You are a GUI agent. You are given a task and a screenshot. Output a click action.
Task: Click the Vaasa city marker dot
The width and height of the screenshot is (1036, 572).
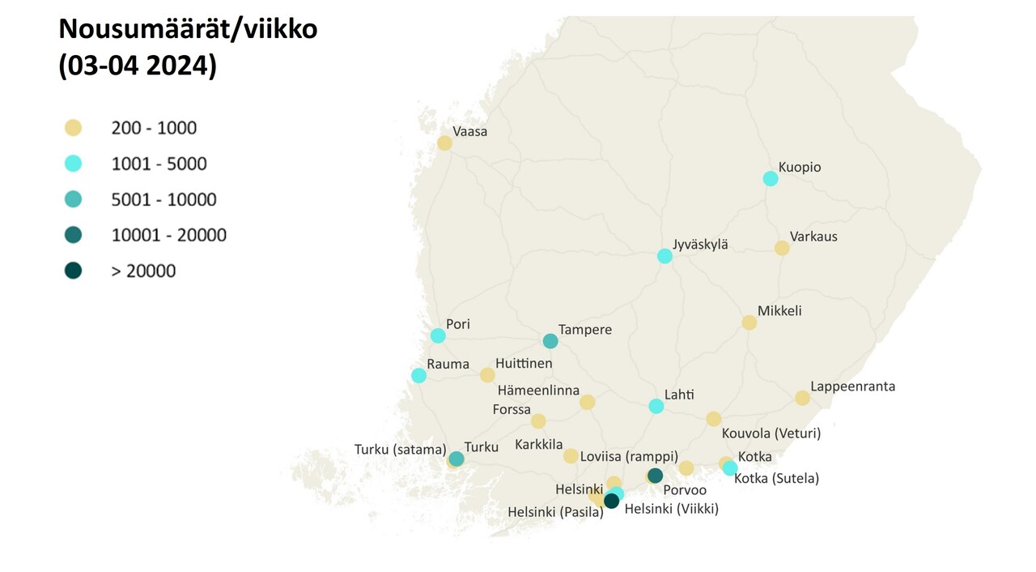click(x=444, y=143)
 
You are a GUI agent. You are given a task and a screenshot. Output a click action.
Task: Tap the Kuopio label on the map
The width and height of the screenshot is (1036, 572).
click(x=800, y=168)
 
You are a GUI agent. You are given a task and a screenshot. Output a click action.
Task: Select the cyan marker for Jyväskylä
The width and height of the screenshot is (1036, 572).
click(x=664, y=256)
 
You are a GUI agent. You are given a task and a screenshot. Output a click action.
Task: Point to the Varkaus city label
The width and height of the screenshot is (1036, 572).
click(x=814, y=237)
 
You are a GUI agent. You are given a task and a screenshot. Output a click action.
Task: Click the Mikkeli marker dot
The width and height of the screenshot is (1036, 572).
click(x=749, y=322)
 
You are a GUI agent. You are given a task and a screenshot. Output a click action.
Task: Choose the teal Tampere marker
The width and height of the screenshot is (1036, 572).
click(x=550, y=341)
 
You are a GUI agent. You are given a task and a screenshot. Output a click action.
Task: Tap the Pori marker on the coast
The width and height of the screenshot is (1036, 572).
click(x=438, y=335)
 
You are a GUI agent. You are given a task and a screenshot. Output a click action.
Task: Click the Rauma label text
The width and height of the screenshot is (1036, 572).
click(x=448, y=365)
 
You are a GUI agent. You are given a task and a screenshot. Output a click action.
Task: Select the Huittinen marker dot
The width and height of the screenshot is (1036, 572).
click(x=487, y=375)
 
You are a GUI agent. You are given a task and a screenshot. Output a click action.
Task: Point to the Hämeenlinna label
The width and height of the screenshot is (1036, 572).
click(x=538, y=391)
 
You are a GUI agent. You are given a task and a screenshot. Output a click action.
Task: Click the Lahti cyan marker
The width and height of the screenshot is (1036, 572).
click(x=656, y=406)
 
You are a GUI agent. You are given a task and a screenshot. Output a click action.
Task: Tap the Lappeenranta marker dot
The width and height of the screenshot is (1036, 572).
click(x=802, y=398)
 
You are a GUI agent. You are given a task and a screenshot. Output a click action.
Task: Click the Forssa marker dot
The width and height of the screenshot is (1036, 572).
click(x=538, y=421)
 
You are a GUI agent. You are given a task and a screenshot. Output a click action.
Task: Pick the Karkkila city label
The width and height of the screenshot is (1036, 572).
click(x=538, y=446)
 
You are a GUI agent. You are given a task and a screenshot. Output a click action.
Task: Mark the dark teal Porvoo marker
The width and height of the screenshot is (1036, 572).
click(x=656, y=476)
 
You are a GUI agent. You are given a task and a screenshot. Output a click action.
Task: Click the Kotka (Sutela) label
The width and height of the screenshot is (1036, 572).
click(x=776, y=479)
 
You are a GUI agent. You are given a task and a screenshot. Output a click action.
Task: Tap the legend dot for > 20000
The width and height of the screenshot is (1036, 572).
click(x=74, y=271)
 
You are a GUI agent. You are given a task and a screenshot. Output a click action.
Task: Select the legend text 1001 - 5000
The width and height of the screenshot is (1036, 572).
click(x=159, y=164)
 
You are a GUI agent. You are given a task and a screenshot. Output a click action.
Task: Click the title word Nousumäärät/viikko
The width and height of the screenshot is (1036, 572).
click(x=188, y=30)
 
